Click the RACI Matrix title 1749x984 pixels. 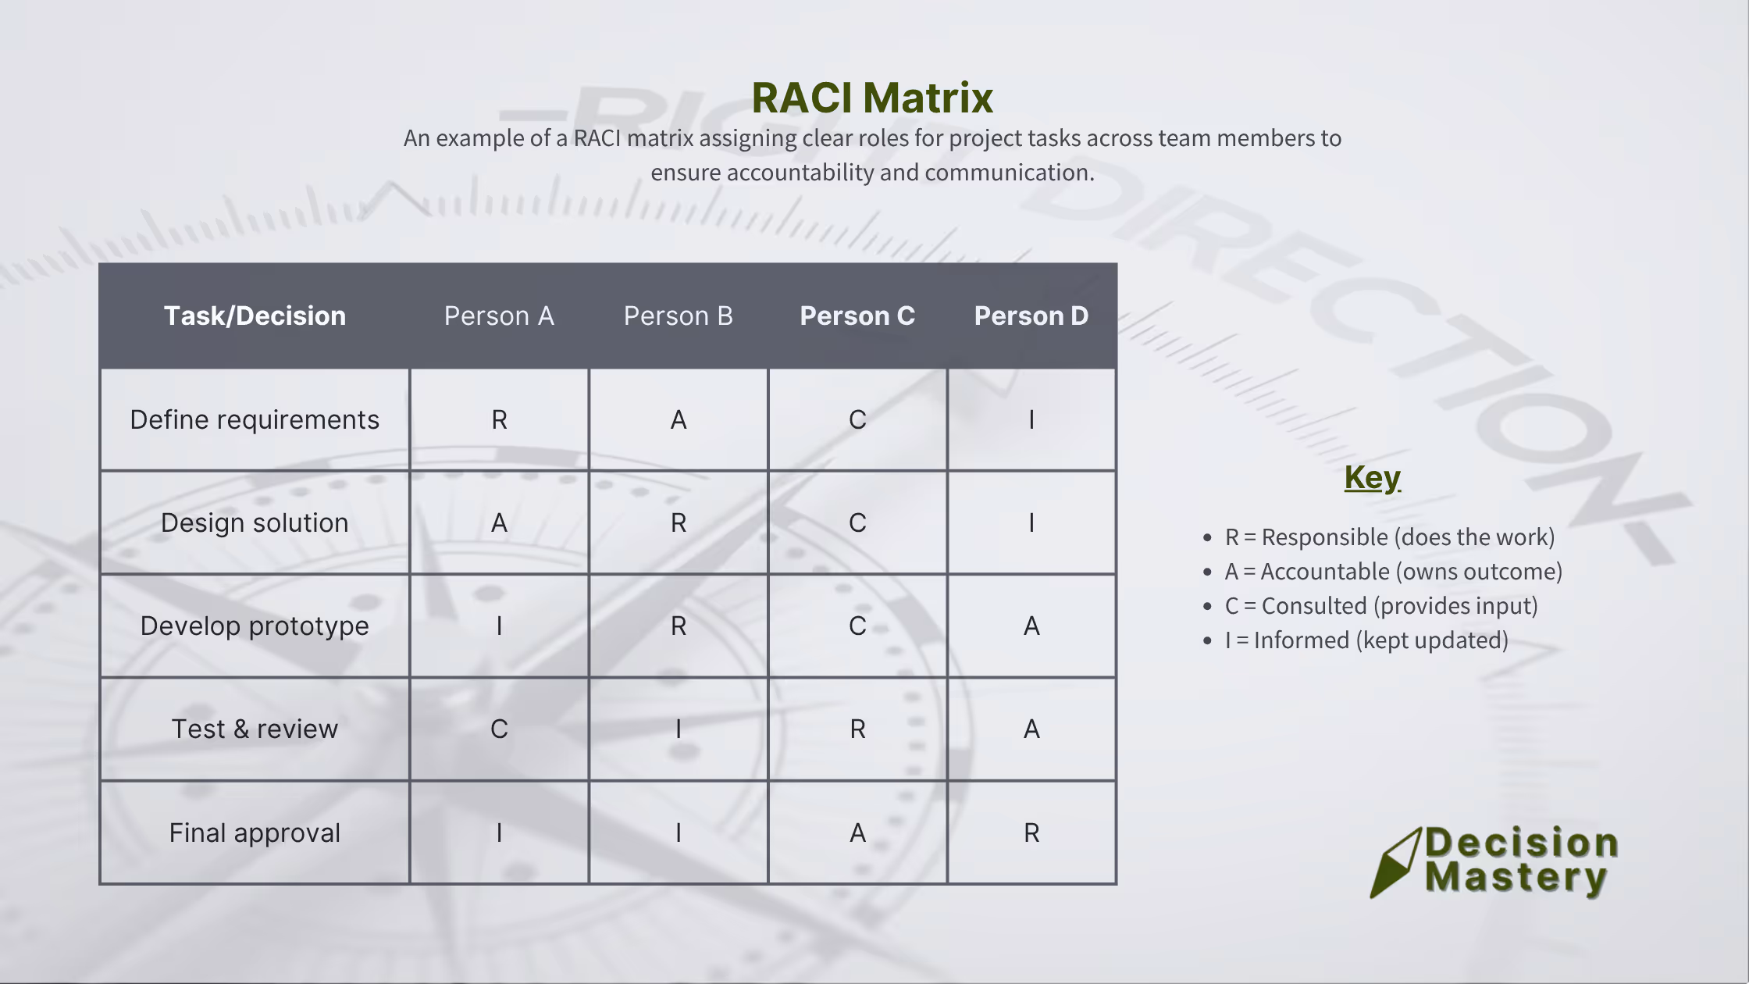click(x=872, y=98)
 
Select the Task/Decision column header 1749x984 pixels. click(x=255, y=316)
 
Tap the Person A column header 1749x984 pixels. click(x=499, y=316)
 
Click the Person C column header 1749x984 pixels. click(x=857, y=316)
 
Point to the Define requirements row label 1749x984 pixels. click(x=255, y=419)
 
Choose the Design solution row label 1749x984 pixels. click(x=255, y=522)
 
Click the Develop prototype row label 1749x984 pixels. click(x=255, y=626)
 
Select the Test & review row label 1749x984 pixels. click(x=255, y=729)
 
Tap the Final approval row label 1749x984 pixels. click(x=255, y=832)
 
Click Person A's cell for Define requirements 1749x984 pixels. click(x=499, y=419)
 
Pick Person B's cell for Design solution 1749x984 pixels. click(x=679, y=522)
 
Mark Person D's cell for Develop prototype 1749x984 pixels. click(x=1031, y=626)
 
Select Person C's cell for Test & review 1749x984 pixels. click(x=857, y=729)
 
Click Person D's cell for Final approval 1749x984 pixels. click(x=1031, y=832)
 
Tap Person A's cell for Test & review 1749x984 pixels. click(x=499, y=729)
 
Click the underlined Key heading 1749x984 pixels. click(x=1372, y=477)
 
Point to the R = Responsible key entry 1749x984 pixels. click(x=1389, y=537)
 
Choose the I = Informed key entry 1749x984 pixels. click(x=1366, y=640)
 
